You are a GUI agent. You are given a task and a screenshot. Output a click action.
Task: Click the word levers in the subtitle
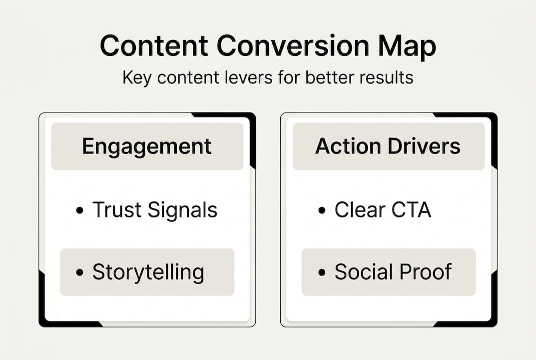pyautogui.click(x=246, y=78)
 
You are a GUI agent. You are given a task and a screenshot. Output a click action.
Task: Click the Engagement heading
pyautogui.click(x=147, y=146)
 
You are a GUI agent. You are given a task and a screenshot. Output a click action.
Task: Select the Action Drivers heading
pyautogui.click(x=388, y=146)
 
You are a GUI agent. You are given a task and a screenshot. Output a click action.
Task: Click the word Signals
pyautogui.click(x=183, y=210)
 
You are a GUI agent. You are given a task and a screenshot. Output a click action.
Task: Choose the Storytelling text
pyautogui.click(x=148, y=272)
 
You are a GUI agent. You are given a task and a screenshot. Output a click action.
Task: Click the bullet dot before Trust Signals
pyautogui.click(x=79, y=211)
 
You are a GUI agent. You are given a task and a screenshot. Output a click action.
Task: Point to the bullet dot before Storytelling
pyautogui.click(x=79, y=273)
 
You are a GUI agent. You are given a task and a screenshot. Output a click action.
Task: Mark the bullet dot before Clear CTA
pyautogui.click(x=322, y=211)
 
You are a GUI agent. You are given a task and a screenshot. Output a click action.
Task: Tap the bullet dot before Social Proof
pyautogui.click(x=322, y=273)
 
